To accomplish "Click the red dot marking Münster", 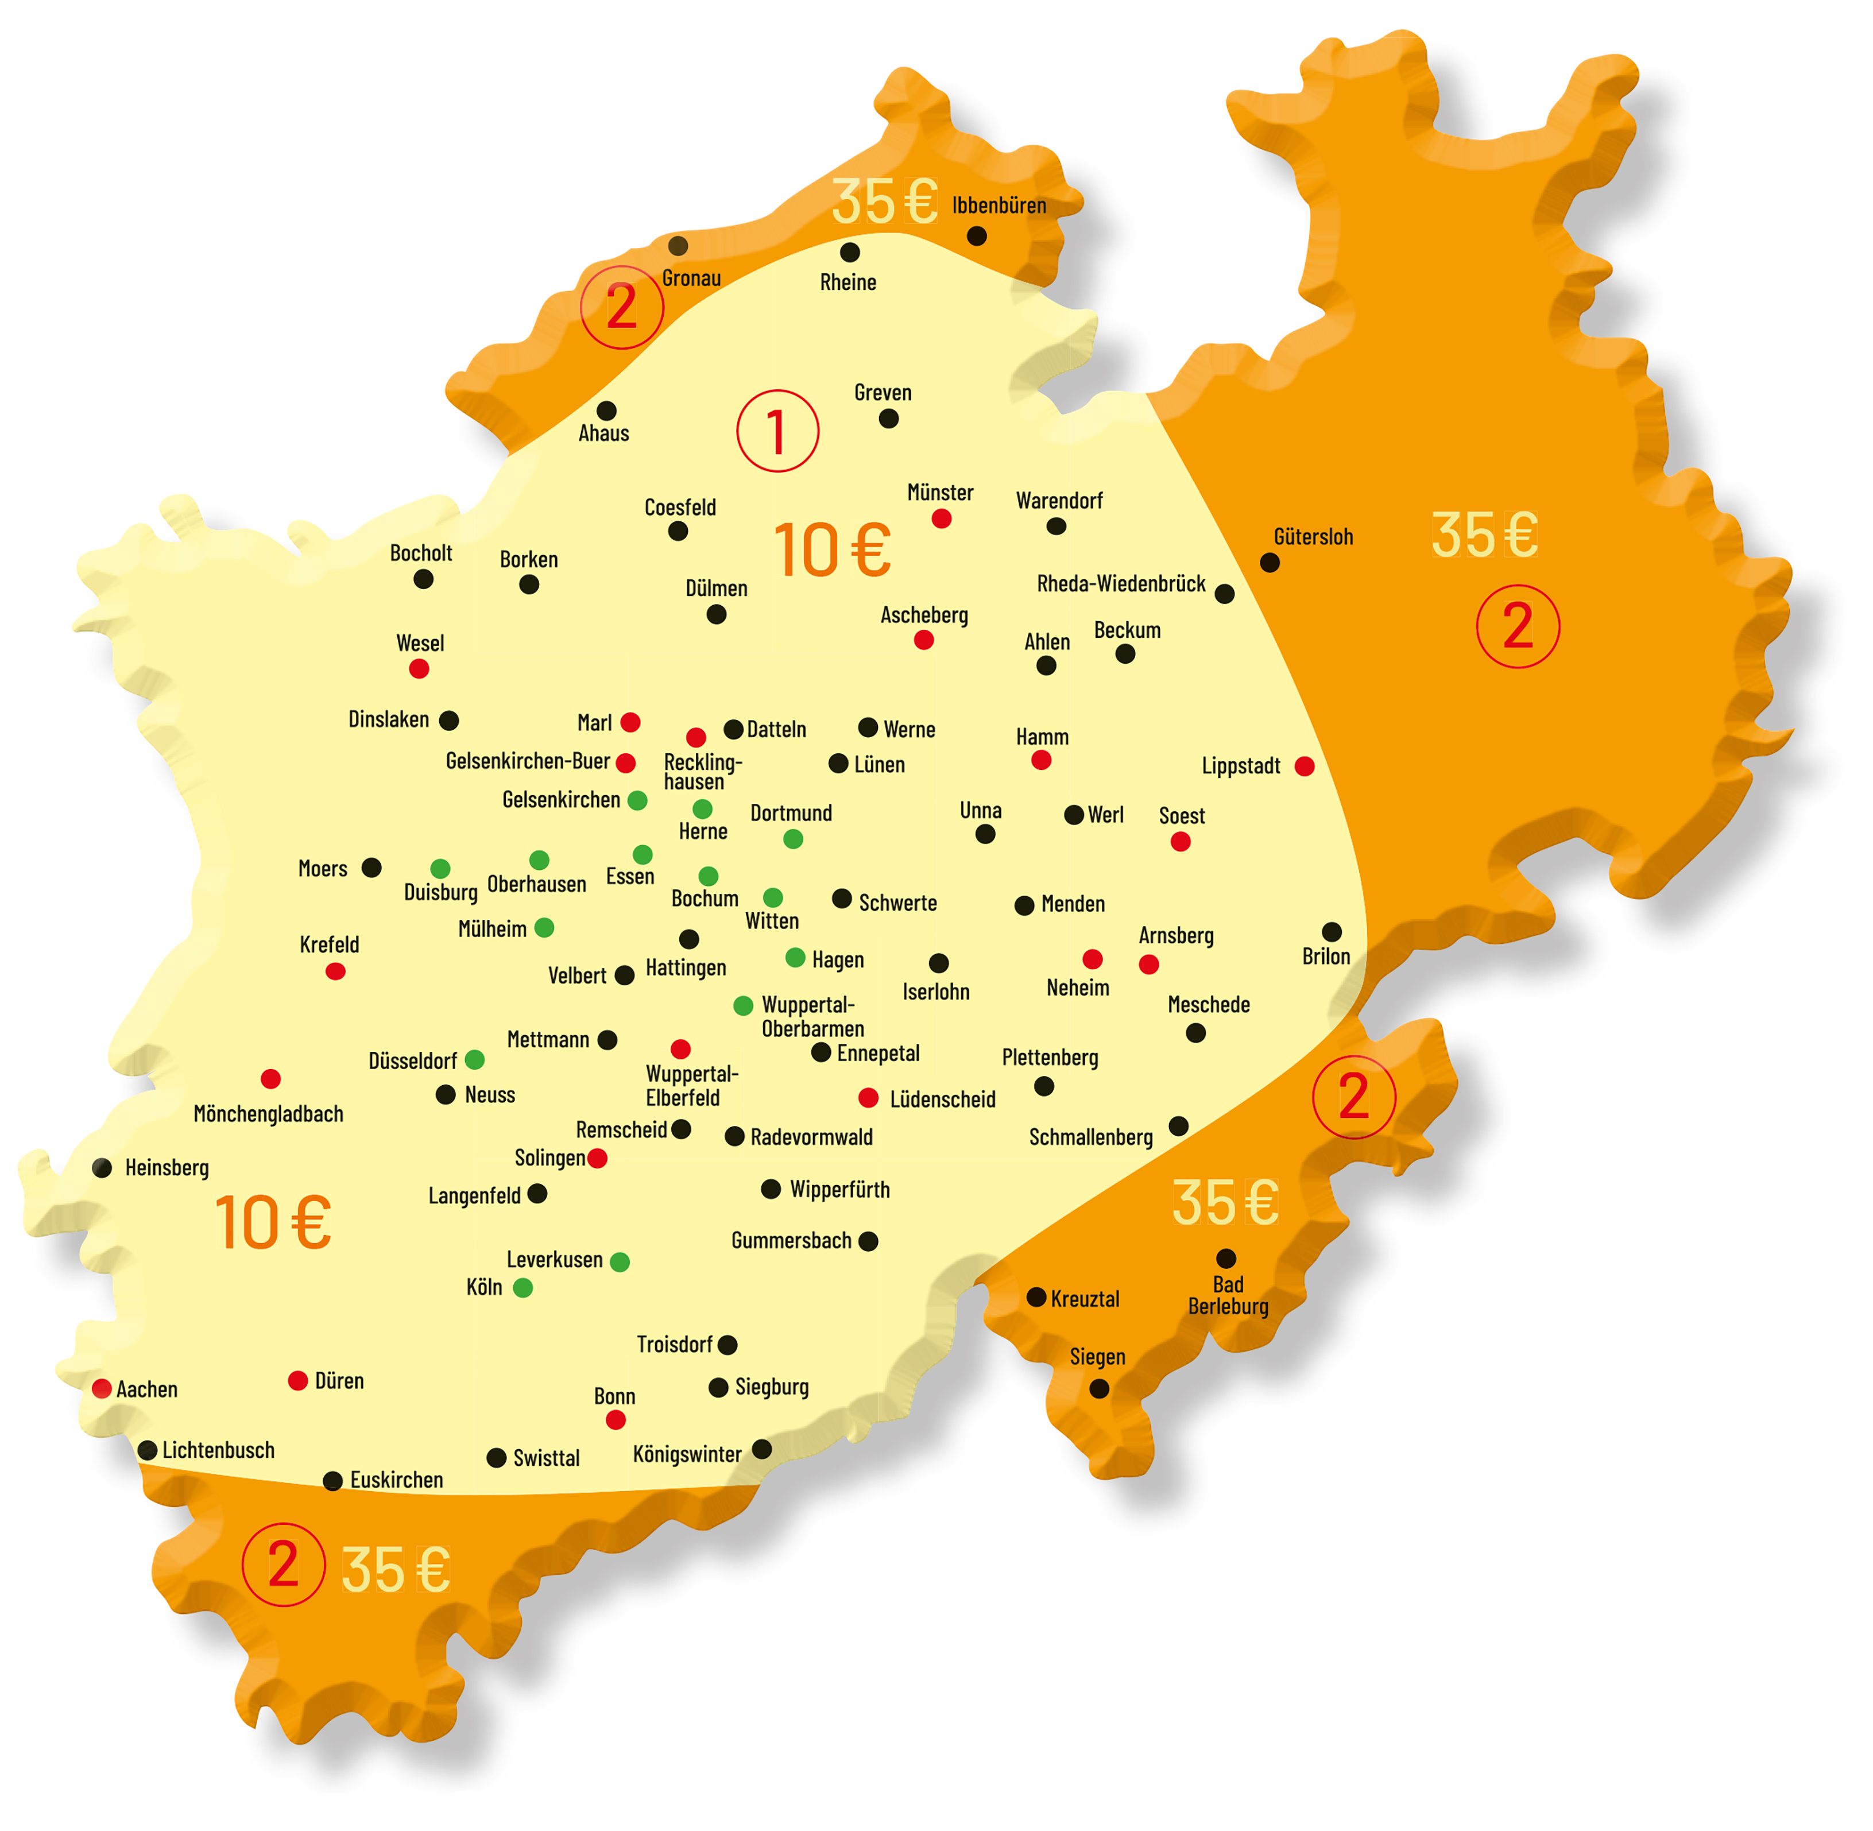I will coord(941,519).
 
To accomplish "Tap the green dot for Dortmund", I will coord(793,839).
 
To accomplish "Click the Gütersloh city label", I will coord(1313,537).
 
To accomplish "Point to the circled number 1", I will coord(778,431).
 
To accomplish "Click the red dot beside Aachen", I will coord(102,1389).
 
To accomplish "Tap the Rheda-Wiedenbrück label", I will coord(1121,584).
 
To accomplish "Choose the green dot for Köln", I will coord(523,1288).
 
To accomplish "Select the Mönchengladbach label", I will coord(268,1114).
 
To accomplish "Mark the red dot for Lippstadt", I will coord(1305,767).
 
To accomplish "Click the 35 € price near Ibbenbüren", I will coord(885,202).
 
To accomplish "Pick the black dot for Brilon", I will coord(1332,932).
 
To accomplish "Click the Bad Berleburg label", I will coord(1228,1295).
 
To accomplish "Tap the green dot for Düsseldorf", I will coord(475,1060).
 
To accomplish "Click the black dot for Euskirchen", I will coord(332,1481).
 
